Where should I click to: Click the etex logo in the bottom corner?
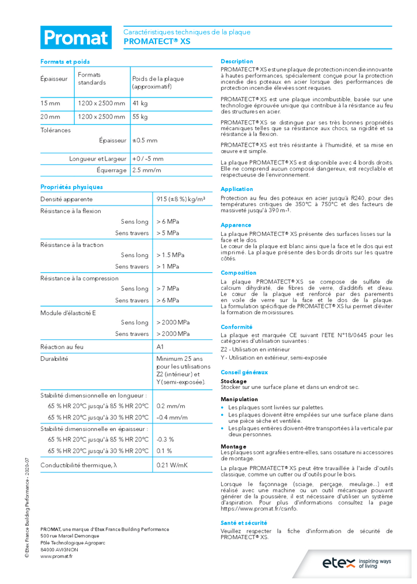(358, 563)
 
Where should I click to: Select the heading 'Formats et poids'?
(65, 61)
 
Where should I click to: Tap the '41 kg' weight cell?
(140, 103)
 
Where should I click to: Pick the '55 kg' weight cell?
(140, 117)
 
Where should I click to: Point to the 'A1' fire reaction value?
(160, 347)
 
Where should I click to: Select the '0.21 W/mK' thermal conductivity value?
(172, 465)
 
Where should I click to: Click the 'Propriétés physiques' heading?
(71, 187)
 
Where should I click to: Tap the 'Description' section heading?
(237, 61)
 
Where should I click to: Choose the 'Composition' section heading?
(238, 273)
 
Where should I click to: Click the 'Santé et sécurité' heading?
(244, 523)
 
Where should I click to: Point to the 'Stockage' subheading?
(233, 381)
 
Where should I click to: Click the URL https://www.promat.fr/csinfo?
(259, 509)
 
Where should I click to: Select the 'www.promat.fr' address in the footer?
(56, 557)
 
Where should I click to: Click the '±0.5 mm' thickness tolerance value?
(144, 140)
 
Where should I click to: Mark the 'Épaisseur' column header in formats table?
(54, 78)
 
